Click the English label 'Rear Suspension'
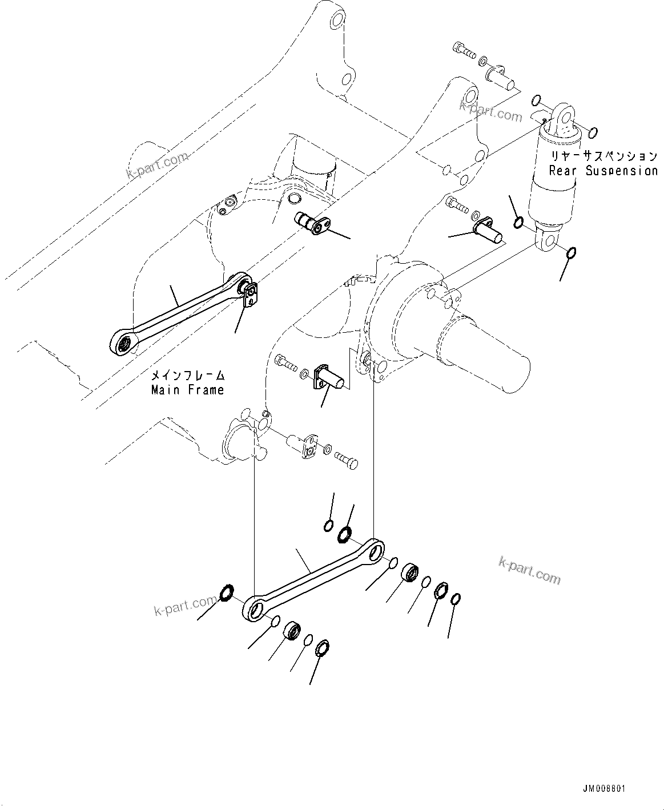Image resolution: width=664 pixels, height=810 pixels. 603,171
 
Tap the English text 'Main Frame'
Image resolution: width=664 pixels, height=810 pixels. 187,390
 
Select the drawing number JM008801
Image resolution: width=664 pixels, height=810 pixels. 604,788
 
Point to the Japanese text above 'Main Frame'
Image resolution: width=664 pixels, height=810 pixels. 187,376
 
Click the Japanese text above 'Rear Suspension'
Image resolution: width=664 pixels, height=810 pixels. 603,156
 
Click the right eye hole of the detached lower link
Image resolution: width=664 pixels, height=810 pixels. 376,551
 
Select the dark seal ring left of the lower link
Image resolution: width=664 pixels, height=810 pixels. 226,593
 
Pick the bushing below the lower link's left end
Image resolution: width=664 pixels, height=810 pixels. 293,631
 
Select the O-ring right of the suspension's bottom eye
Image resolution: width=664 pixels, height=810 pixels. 572,253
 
